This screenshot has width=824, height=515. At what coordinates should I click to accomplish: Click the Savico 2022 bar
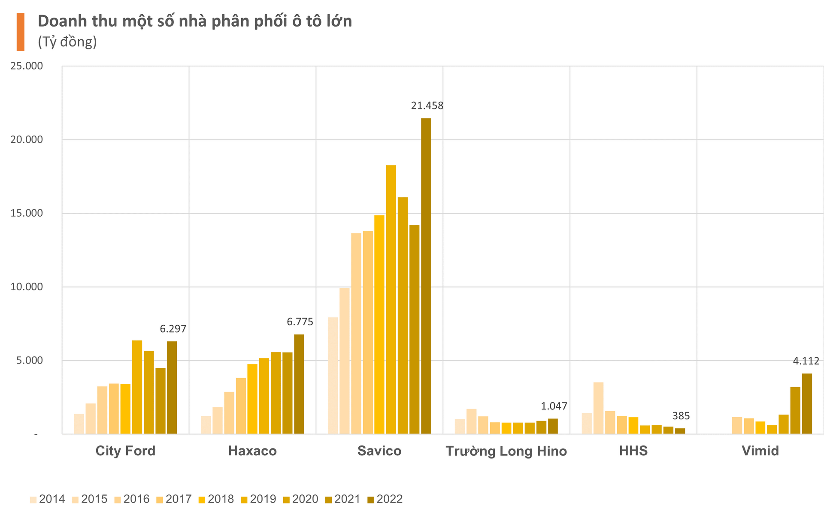pyautogui.click(x=426, y=276)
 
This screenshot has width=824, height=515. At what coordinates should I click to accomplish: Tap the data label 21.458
pyautogui.click(x=427, y=106)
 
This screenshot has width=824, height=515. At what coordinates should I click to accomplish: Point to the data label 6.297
pyautogui.click(x=173, y=329)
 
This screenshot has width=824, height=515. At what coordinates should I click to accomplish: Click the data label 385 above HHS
pyautogui.click(x=681, y=416)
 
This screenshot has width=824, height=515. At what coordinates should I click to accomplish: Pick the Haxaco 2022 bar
pyautogui.click(x=299, y=384)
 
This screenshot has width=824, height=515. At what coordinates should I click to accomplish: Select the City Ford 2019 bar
pyautogui.click(x=137, y=387)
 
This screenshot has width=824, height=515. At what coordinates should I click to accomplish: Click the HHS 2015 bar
pyautogui.click(x=598, y=408)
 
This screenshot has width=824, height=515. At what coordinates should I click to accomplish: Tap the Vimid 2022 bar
pyautogui.click(x=807, y=404)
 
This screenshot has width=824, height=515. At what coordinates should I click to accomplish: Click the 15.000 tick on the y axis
pyautogui.click(x=27, y=213)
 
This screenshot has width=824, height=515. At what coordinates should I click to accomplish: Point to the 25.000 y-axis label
pyautogui.click(x=27, y=66)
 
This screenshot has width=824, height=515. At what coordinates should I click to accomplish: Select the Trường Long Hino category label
pyautogui.click(x=506, y=451)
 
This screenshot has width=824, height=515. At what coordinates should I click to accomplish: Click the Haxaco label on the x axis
pyautogui.click(x=252, y=451)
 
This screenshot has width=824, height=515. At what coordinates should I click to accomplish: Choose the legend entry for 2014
pyautogui.click(x=47, y=499)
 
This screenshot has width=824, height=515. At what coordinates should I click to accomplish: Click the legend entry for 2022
pyautogui.click(x=385, y=499)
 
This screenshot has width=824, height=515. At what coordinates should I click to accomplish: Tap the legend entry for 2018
pyautogui.click(x=216, y=499)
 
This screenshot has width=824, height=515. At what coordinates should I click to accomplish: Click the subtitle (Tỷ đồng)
pyautogui.click(x=67, y=42)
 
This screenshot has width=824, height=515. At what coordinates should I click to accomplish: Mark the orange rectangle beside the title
pyautogui.click(x=20, y=32)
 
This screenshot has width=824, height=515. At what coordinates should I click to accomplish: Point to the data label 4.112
pyautogui.click(x=806, y=361)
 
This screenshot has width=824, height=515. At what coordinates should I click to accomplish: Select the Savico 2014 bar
pyautogui.click(x=333, y=376)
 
